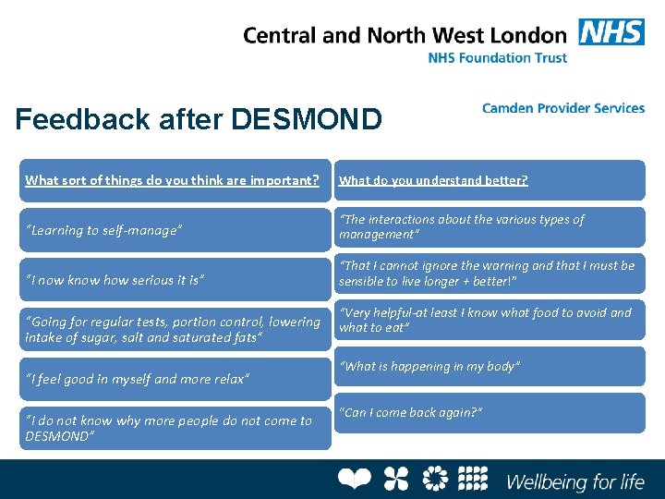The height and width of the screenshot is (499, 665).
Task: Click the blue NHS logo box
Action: [611, 32]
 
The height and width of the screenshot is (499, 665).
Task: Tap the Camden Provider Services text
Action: [562, 108]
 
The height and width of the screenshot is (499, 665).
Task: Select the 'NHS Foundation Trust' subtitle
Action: [497, 57]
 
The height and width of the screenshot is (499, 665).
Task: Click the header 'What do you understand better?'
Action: [433, 180]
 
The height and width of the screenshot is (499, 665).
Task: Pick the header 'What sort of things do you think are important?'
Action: [173, 180]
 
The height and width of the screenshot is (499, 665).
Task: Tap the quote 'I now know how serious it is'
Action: [115, 279]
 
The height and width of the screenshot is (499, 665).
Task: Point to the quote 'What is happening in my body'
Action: [430, 367]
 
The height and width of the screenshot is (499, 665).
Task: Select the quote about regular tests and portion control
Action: [173, 330]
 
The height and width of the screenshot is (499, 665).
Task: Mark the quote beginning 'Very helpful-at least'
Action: [485, 320]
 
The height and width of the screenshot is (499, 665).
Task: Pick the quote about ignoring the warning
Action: [487, 273]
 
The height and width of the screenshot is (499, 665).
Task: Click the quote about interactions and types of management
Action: [462, 226]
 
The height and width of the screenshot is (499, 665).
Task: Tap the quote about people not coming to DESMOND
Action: [169, 428]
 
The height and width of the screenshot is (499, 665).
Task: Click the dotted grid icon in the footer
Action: [472, 479]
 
